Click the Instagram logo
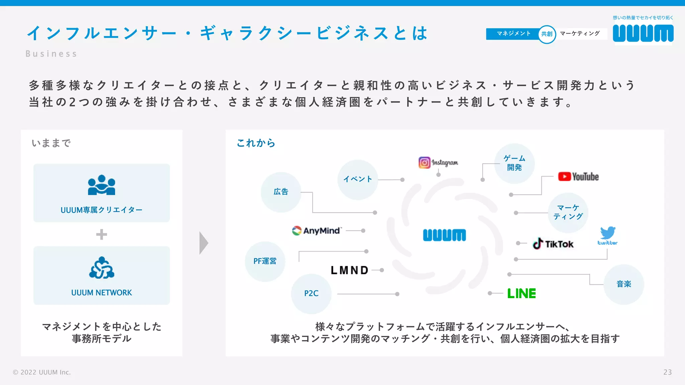click(438, 162)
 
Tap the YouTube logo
click(578, 176)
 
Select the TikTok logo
click(553, 244)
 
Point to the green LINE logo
click(521, 293)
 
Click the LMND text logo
click(350, 270)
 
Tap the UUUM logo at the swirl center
click(444, 235)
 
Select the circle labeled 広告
click(281, 192)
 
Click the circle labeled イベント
click(358, 179)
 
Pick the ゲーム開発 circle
click(514, 163)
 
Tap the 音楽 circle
click(623, 284)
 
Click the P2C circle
click(311, 293)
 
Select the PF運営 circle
click(265, 261)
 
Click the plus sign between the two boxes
click(102, 234)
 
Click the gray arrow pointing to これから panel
click(203, 243)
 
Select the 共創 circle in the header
click(547, 34)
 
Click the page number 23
click(667, 372)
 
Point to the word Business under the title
click(51, 54)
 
